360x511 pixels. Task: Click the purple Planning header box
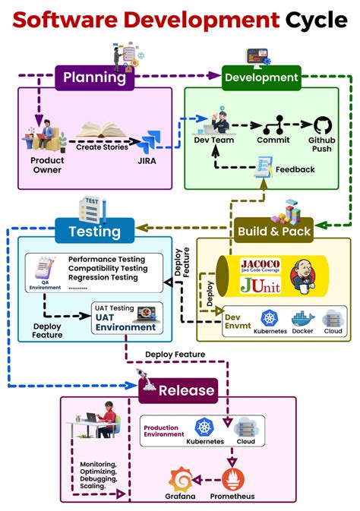94,77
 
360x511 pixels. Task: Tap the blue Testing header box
94,231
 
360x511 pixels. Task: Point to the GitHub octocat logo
323,125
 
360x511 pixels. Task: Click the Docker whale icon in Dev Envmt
302,318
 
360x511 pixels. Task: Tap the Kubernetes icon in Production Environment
205,427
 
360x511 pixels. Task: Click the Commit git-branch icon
273,124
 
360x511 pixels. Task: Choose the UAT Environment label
125,327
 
